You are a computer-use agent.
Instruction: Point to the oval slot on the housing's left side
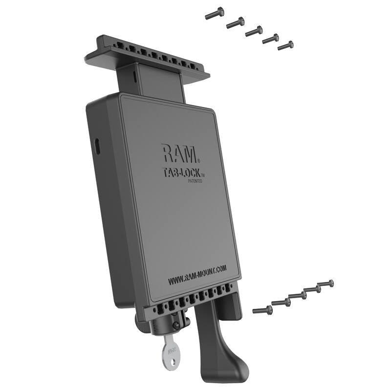point(97,145)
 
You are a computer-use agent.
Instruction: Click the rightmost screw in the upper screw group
point(285,45)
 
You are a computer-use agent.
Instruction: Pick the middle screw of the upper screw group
point(254,31)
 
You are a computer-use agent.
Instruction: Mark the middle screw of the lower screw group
point(297,296)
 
